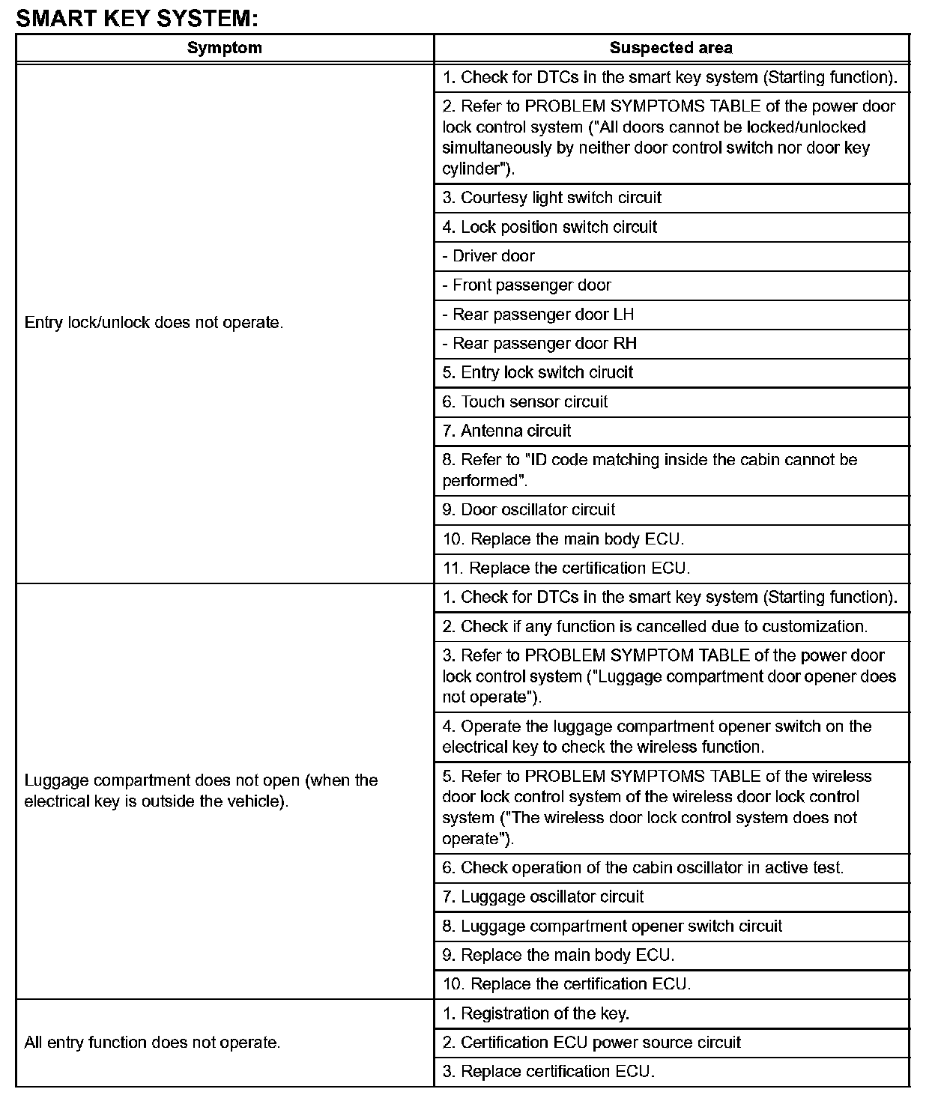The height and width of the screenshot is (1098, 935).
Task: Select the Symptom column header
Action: tap(224, 48)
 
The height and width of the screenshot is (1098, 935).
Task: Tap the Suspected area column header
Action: tap(671, 48)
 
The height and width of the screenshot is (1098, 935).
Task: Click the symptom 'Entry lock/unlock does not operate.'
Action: tap(154, 323)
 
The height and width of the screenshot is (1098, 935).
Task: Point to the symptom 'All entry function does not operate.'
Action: tap(153, 1042)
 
